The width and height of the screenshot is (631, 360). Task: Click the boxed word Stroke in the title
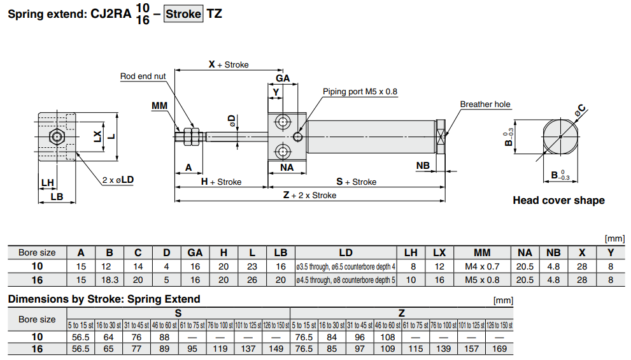(x=183, y=13)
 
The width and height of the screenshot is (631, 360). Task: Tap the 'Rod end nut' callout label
(x=143, y=76)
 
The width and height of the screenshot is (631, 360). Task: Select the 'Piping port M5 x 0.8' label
(x=360, y=92)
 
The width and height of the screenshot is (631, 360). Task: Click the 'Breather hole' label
(x=485, y=104)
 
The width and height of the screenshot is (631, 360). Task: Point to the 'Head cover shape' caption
(x=558, y=201)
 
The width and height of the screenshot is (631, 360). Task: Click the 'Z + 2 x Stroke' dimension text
(x=309, y=196)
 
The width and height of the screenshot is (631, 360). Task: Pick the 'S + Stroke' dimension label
(x=356, y=182)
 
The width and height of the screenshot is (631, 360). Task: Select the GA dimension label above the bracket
(x=283, y=78)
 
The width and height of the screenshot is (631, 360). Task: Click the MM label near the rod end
(x=159, y=105)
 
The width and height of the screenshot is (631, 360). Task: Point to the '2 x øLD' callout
(x=118, y=180)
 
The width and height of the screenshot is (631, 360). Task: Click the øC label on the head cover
(x=580, y=111)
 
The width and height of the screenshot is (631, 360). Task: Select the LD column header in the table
(x=346, y=253)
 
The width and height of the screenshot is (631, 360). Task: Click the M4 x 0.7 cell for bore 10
(x=482, y=266)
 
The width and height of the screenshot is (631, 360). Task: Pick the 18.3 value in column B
(x=109, y=280)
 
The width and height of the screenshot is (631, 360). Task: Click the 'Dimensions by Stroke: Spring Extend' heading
(x=104, y=299)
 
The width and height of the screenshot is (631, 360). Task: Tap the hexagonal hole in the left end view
(x=57, y=136)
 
